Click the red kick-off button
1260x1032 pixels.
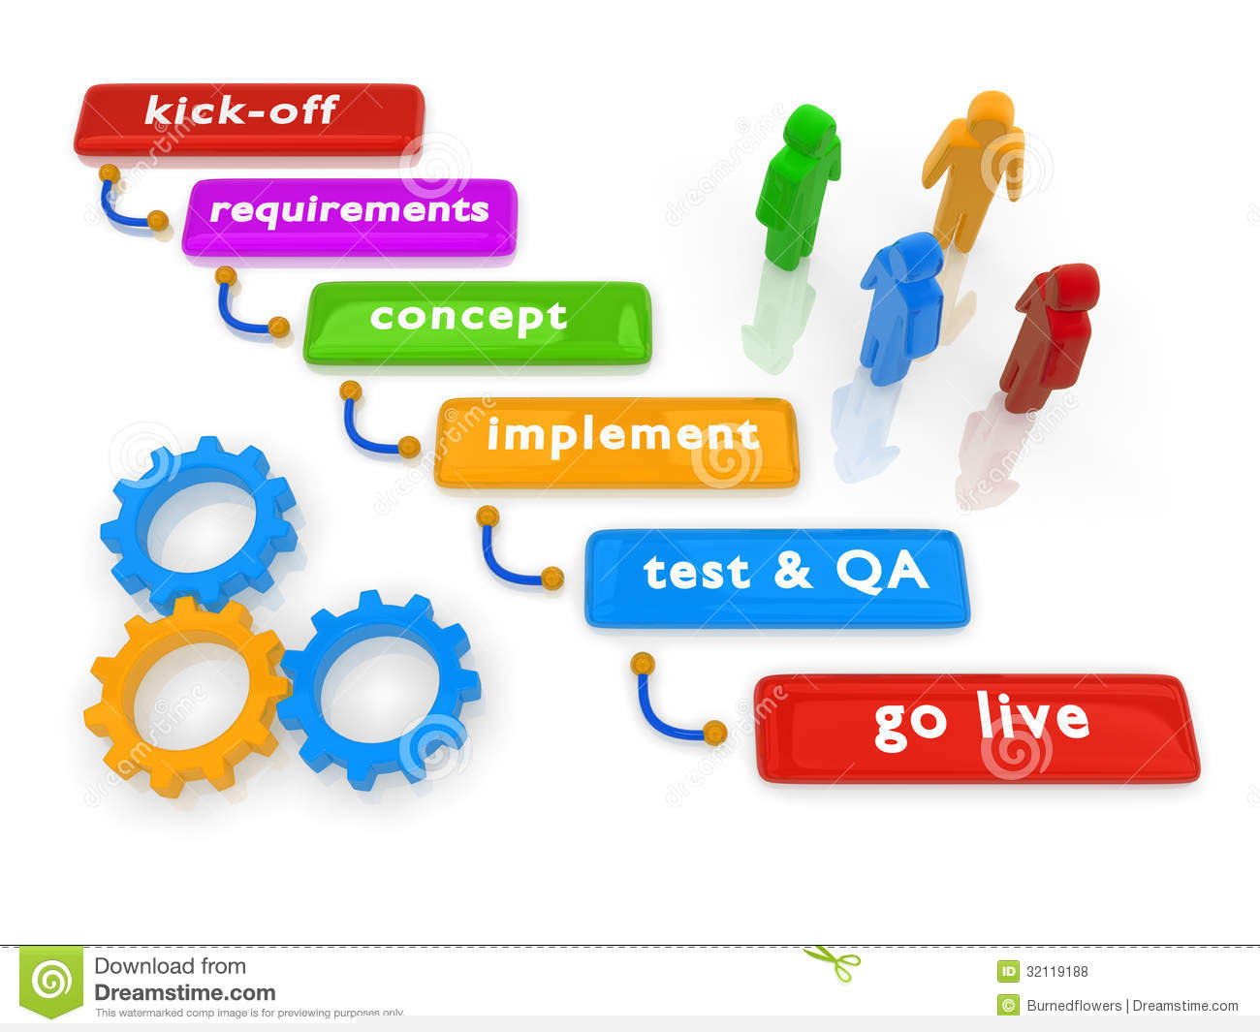[249, 118]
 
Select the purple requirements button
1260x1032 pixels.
[349, 215]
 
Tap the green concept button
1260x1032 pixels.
[477, 322]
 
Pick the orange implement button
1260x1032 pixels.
[616, 441]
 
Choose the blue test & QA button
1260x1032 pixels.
[775, 577]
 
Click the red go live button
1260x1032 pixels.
[976, 727]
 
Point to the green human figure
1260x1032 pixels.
[797, 184]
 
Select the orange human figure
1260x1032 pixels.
[972, 165]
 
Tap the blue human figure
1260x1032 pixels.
[901, 305]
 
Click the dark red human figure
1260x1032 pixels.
[1049, 334]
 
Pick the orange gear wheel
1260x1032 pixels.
[184, 696]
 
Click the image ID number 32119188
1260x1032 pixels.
[1056, 971]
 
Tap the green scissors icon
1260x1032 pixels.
[834, 962]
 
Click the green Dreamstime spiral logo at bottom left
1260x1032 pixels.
[51, 981]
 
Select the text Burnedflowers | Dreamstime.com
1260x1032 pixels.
[1132, 1006]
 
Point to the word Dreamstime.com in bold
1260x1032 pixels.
[184, 992]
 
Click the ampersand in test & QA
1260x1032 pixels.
[793, 572]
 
